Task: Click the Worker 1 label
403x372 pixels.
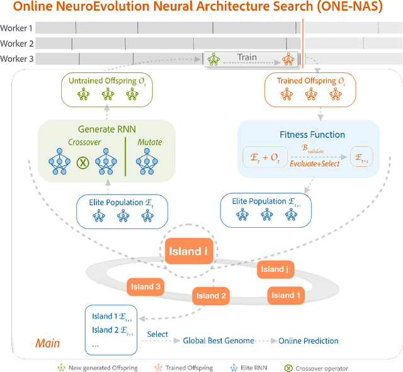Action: tap(17, 28)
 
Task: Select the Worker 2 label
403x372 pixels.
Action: tap(17, 43)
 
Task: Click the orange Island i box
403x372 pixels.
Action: tap(188, 252)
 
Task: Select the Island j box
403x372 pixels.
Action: tap(273, 269)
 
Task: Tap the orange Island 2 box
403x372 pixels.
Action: tap(211, 295)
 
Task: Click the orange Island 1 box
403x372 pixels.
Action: tap(287, 295)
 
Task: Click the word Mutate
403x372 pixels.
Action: tap(149, 142)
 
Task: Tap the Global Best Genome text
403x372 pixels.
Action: tap(219, 341)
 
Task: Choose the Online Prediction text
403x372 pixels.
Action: tap(309, 341)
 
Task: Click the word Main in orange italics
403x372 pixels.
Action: tap(48, 344)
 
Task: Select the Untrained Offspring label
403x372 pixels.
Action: tap(106, 81)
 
